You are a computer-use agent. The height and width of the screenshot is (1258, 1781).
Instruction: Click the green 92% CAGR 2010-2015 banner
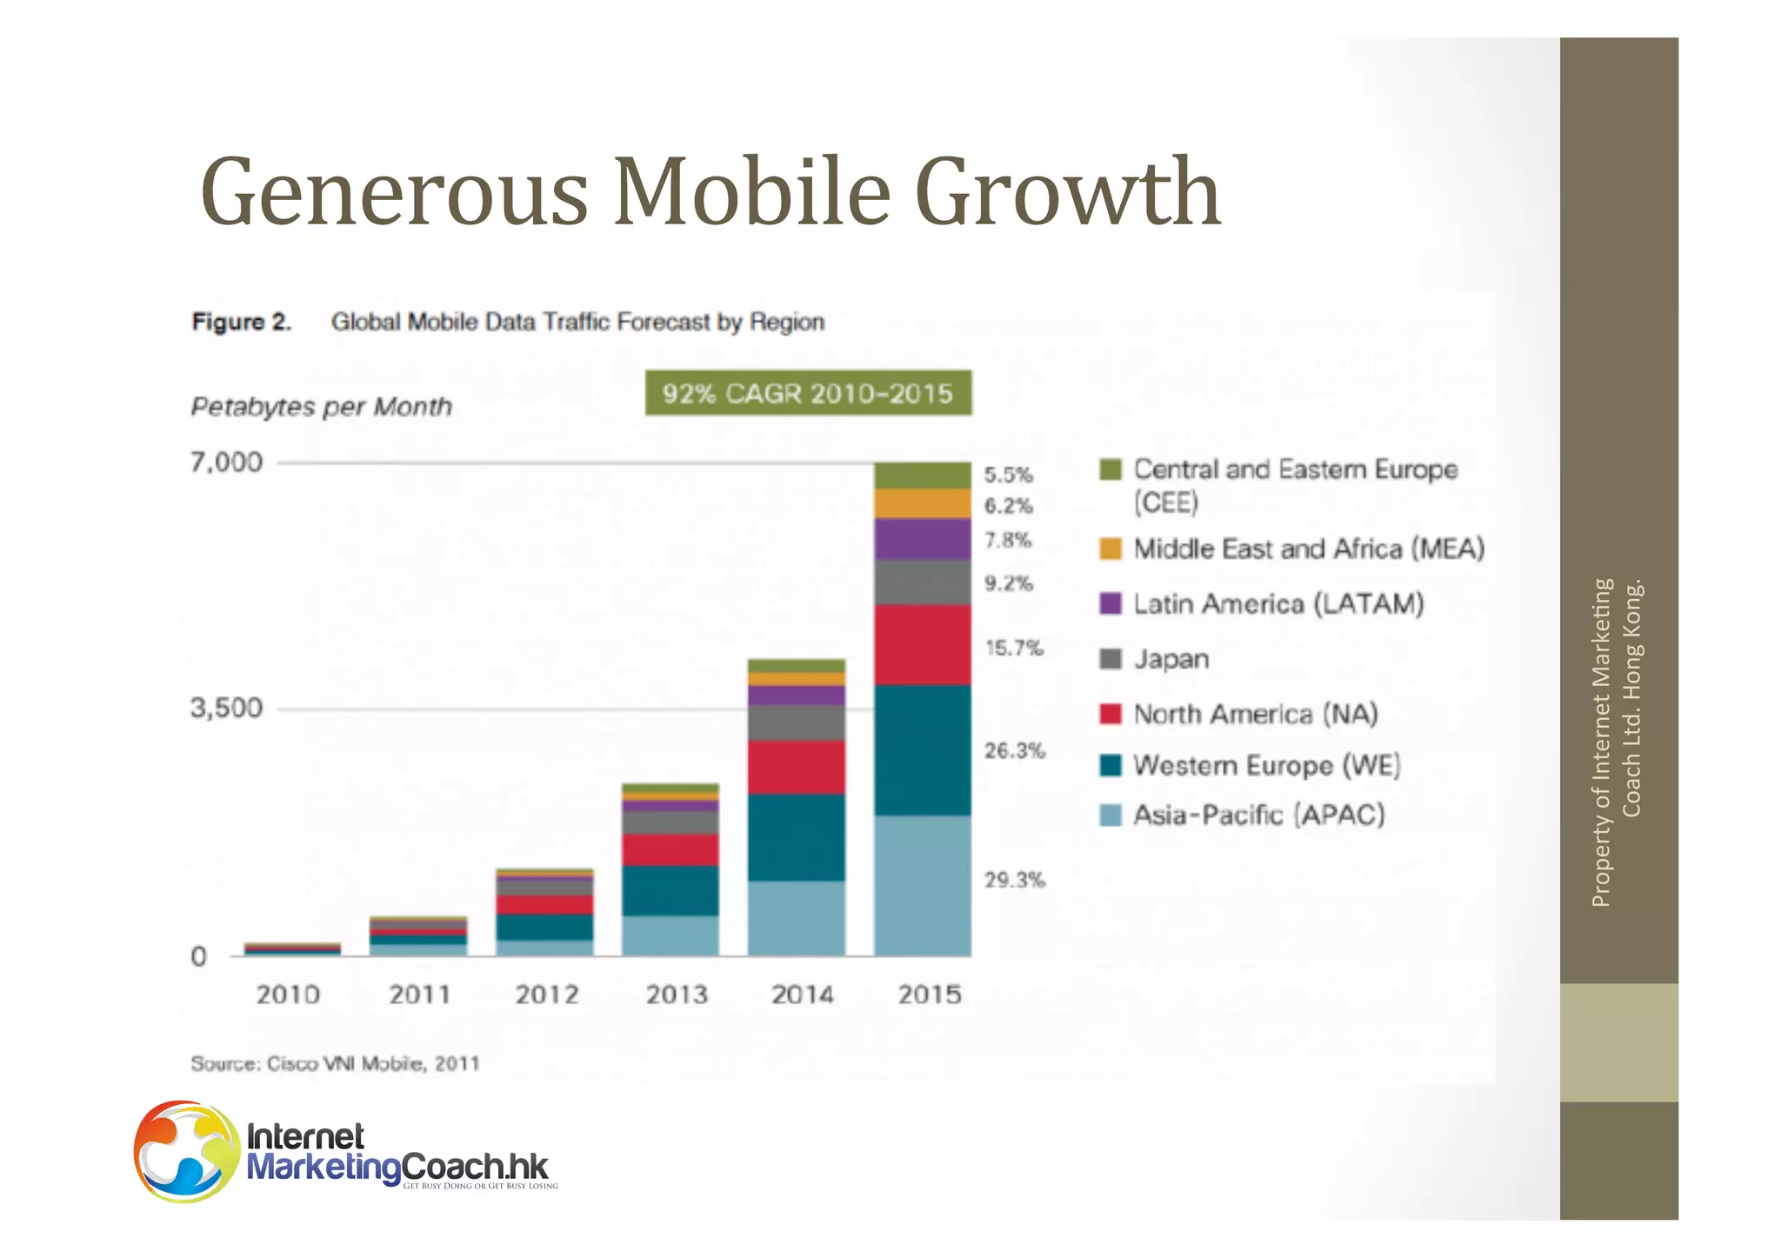coord(808,393)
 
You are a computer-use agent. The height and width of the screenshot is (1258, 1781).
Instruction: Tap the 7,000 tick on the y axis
coord(226,462)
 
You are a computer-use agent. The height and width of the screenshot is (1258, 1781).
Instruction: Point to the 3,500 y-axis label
coord(226,708)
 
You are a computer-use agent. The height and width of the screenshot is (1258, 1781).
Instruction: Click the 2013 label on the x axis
coord(676,994)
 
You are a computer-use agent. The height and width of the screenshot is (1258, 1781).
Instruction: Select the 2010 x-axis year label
coord(288,994)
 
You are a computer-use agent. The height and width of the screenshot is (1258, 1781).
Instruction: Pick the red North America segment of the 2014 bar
coord(796,766)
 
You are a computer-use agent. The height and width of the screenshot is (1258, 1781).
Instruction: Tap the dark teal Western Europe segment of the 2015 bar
coord(922,749)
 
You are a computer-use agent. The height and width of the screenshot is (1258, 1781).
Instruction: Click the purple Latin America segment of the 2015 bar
coord(922,539)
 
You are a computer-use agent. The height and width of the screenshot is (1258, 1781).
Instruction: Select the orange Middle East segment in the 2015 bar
coord(922,503)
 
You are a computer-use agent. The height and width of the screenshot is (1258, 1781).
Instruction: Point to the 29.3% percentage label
coord(1014,880)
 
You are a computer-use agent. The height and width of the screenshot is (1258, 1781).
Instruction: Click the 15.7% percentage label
coord(1013,648)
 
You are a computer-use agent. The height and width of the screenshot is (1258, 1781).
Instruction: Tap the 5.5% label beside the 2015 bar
coord(1008,475)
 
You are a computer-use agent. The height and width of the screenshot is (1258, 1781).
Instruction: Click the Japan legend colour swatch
coord(1111,659)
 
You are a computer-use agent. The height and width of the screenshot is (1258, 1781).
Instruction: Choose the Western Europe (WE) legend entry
coord(1266,765)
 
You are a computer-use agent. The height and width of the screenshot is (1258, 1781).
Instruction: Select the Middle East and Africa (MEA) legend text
coord(1308,549)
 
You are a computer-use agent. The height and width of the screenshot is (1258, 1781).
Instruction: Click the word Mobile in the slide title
coord(752,191)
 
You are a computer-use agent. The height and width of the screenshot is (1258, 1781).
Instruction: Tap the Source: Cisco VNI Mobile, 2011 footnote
coord(335,1063)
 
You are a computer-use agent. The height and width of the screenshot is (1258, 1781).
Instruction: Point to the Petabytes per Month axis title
coord(321,406)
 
